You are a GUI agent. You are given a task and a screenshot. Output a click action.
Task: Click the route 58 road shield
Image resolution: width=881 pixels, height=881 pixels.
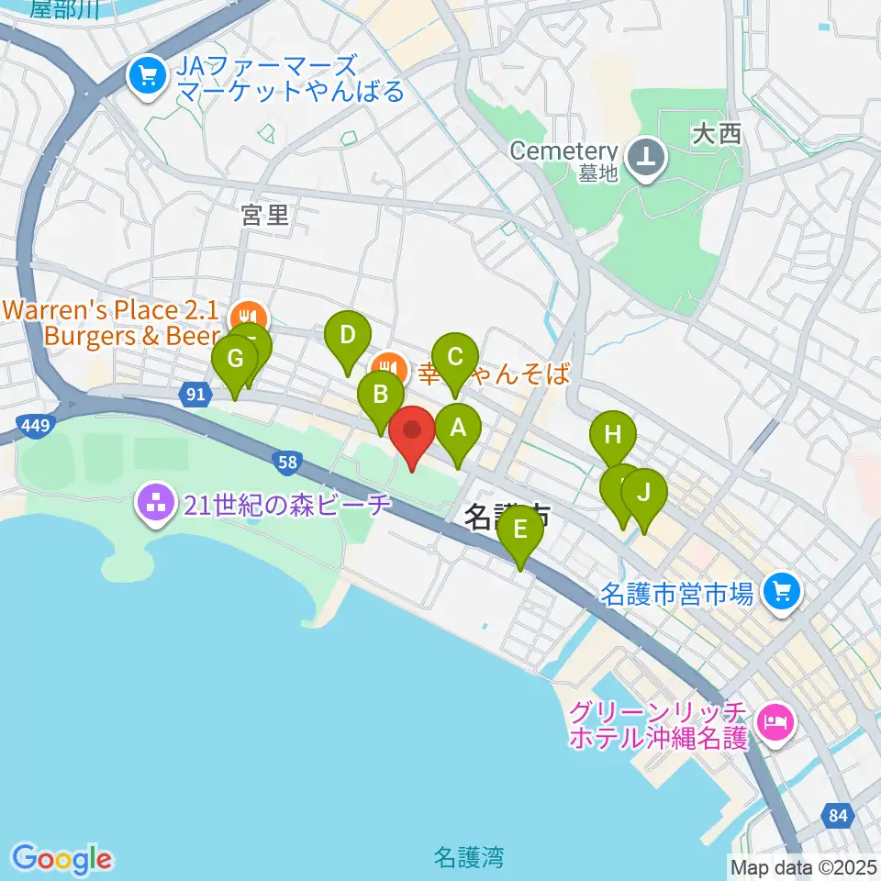point(288,463)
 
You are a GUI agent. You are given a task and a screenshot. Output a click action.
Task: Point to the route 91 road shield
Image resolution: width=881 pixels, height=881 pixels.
point(194,395)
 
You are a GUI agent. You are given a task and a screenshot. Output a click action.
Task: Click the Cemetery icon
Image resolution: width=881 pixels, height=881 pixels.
point(649,155)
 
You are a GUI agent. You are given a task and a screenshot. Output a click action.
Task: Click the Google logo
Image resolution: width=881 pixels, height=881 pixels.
point(61,859)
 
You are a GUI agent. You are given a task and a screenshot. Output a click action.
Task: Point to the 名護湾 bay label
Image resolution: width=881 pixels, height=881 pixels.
point(468,858)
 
